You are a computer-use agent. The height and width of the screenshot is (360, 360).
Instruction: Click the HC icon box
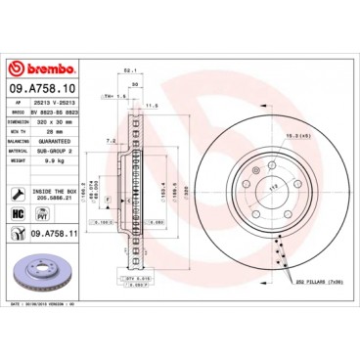click(18, 212)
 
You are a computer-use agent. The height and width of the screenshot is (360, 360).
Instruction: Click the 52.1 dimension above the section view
click(128, 67)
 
